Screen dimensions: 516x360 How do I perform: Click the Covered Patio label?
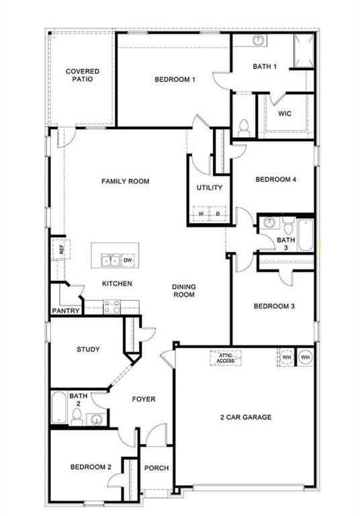pos(83,75)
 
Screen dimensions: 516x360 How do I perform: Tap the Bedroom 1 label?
pos(175,80)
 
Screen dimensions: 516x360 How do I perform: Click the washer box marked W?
pos(199,214)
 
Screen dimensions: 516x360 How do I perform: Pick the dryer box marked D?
pos(218,214)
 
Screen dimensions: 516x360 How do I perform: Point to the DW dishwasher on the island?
pos(128,259)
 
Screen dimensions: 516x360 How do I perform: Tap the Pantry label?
pos(66,311)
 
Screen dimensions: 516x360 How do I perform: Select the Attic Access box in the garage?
pos(225,357)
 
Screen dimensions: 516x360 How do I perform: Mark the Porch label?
pos(156,468)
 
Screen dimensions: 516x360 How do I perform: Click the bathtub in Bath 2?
pos(58,408)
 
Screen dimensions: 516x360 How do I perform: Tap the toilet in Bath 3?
pos(287,224)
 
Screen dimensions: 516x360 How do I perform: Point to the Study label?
pos(88,349)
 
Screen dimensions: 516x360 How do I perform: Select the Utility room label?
pos(210,188)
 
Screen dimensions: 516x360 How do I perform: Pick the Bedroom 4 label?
pos(275,179)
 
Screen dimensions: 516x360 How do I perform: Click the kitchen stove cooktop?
pos(111,307)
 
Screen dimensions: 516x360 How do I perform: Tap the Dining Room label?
pos(184,290)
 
